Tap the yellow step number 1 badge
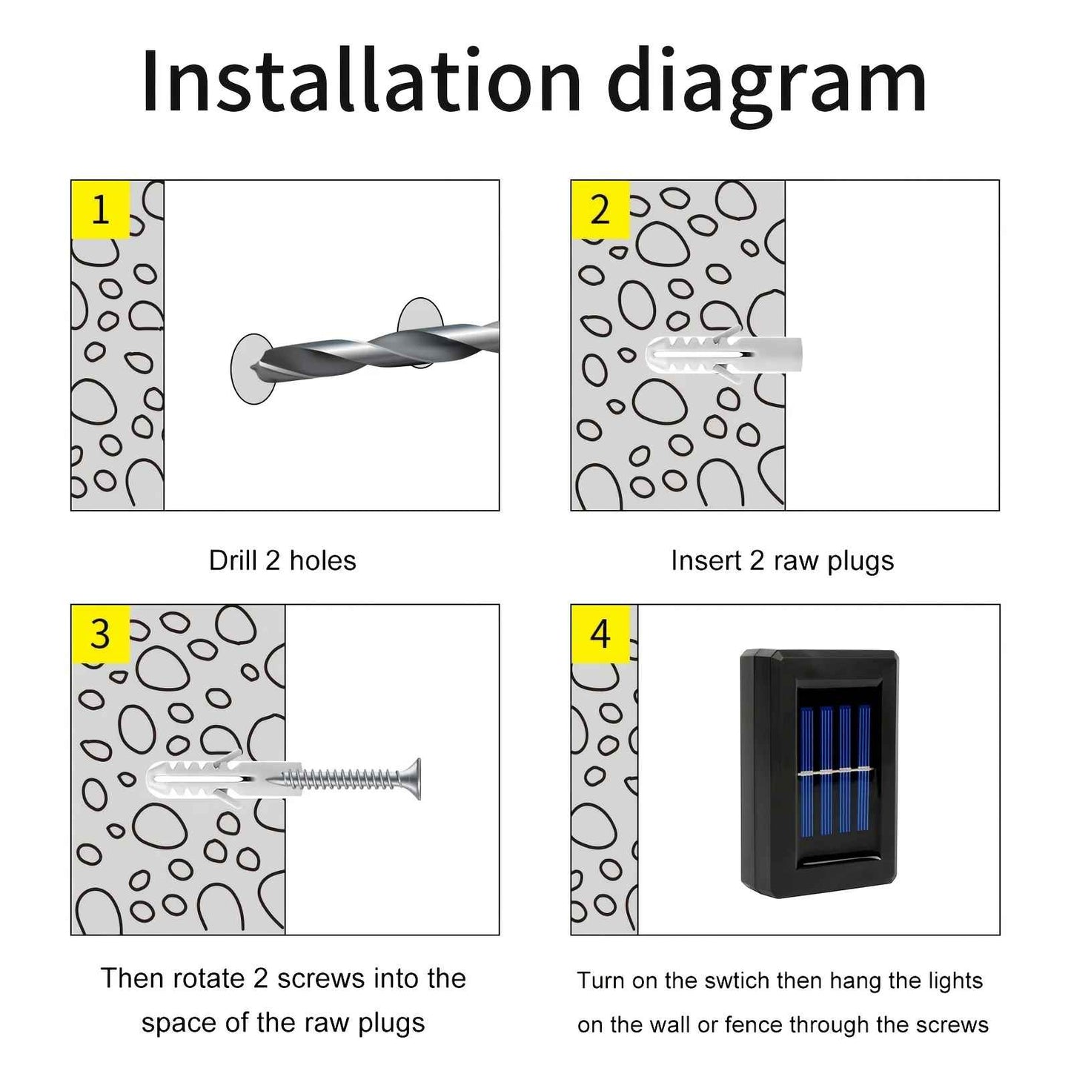coord(101,210)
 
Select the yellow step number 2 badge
coord(600,210)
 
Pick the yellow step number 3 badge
coord(101,634)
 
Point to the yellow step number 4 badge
coord(600,634)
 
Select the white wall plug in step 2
coord(723,355)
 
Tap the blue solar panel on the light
coord(835,778)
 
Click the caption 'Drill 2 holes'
coord(282,561)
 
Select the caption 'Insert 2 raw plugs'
coord(782,561)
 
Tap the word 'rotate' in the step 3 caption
coord(211,979)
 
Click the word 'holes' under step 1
coord(322,561)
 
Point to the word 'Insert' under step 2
coord(706,561)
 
